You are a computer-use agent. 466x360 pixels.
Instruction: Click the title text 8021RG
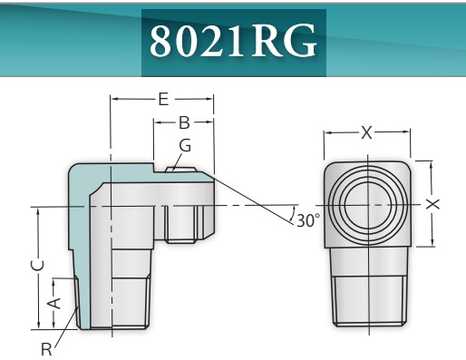click(233, 41)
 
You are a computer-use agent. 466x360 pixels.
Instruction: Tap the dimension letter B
click(183, 122)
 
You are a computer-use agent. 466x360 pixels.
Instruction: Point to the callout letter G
click(185, 146)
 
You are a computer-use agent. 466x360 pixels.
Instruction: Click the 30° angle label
click(308, 219)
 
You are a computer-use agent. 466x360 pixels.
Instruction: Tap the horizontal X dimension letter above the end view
click(367, 133)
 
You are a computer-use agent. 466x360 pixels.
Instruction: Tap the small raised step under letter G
click(181, 166)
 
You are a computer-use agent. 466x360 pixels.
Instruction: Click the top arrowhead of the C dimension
click(37, 210)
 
